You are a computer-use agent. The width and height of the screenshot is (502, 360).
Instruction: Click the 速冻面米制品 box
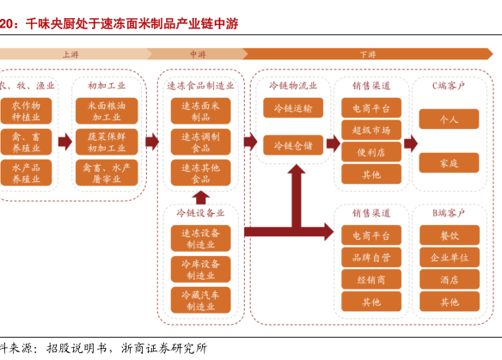pos(201,111)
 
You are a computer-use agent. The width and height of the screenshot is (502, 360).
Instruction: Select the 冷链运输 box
pos(293,108)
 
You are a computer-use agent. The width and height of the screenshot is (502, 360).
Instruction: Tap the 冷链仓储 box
pos(293,145)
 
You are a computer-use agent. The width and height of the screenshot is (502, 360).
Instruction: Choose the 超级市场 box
pos(371,130)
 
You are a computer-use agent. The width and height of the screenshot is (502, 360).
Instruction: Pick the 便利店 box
pos(371,152)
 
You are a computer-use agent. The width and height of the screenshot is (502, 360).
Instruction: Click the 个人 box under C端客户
pos(449,119)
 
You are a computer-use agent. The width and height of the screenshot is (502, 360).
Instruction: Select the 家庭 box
pos(449,163)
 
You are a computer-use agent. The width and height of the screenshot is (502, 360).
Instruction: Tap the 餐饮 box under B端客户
pos(450,235)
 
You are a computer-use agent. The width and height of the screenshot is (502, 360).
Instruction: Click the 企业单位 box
pos(450,257)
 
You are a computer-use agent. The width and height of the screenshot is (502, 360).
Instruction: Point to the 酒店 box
pos(450,279)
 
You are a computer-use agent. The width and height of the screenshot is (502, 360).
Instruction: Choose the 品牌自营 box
pos(371,257)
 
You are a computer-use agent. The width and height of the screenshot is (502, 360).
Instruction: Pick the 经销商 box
pos(371,279)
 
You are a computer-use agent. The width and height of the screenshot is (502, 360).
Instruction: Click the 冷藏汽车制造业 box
pos(201,300)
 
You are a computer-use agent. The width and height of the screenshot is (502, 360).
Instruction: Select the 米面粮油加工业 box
pos(107,111)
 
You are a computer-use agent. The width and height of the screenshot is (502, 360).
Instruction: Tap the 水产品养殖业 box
pos(26,173)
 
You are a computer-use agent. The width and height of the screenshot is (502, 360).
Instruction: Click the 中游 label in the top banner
pos(198,54)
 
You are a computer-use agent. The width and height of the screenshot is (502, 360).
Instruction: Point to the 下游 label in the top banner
pos(368,54)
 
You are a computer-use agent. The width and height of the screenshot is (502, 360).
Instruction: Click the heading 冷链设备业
pos(200,213)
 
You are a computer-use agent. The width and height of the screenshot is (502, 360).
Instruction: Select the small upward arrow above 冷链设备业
pos(201,198)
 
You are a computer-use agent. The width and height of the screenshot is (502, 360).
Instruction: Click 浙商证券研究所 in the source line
pos(164,348)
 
